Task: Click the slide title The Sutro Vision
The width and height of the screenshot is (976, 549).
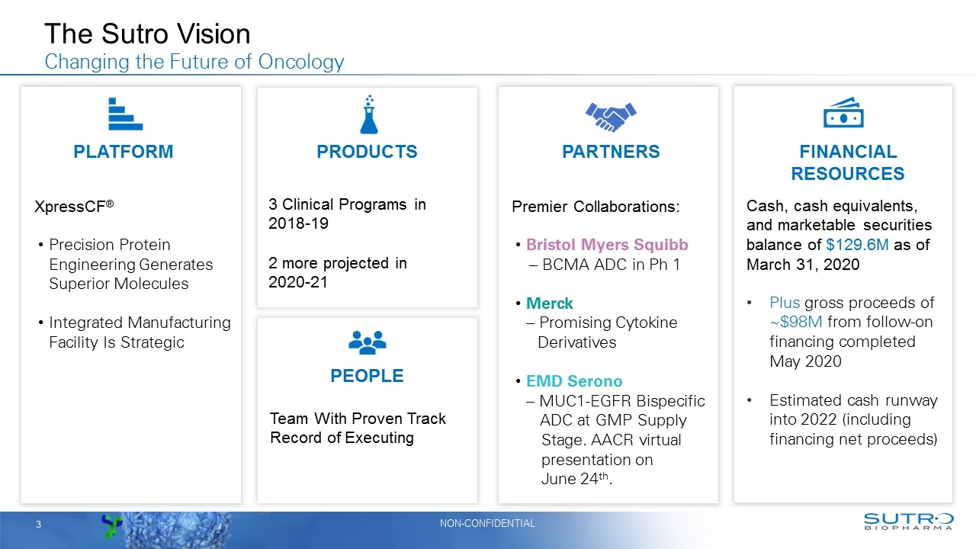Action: tap(147, 34)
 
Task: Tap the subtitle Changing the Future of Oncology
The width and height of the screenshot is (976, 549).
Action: tap(194, 62)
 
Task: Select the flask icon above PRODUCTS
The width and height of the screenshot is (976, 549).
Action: tap(369, 114)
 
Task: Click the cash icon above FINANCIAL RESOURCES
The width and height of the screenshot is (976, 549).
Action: tap(843, 114)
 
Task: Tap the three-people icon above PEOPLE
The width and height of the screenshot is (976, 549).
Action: tap(367, 342)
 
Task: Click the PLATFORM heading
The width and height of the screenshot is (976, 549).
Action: tap(124, 152)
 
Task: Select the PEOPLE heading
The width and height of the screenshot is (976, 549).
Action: tap(367, 376)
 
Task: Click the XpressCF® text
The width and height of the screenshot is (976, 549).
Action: tap(74, 206)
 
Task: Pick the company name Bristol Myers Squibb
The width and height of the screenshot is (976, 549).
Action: tap(607, 245)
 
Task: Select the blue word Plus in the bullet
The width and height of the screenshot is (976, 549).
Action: tap(785, 303)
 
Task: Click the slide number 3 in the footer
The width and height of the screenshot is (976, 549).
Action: tap(37, 525)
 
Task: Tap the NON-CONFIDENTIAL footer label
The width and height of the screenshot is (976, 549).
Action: tap(487, 523)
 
